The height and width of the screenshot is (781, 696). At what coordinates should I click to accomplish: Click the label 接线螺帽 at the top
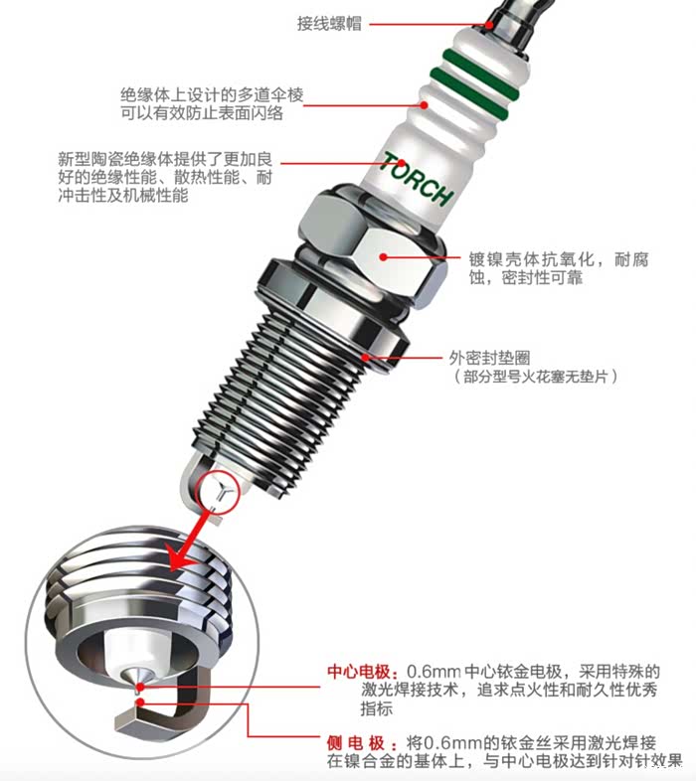tap(329, 24)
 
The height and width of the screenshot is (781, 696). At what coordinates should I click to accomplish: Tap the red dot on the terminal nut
tap(489, 24)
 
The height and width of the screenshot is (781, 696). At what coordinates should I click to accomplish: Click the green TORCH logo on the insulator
tap(417, 179)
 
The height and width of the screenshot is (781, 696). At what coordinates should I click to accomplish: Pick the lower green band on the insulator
tap(468, 93)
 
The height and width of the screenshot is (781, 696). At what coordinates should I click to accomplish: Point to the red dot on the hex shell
tap(383, 257)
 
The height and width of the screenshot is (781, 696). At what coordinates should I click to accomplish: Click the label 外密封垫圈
tap(489, 357)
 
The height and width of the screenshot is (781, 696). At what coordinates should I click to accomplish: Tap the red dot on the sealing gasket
tap(366, 357)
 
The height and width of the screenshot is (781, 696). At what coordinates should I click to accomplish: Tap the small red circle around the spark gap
tap(218, 490)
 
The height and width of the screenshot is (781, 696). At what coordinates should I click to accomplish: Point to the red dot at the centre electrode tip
tap(140, 688)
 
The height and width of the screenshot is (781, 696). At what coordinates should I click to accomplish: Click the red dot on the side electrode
tap(141, 703)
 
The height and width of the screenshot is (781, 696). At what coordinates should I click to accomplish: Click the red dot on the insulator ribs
tap(424, 105)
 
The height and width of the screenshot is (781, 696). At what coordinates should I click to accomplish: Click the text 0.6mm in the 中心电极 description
tap(434, 672)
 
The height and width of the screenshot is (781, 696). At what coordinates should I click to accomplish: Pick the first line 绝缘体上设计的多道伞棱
tap(212, 94)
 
